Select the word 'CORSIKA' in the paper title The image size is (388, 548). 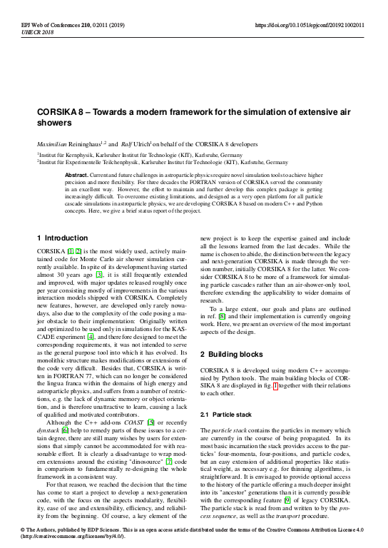tap(63, 113)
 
